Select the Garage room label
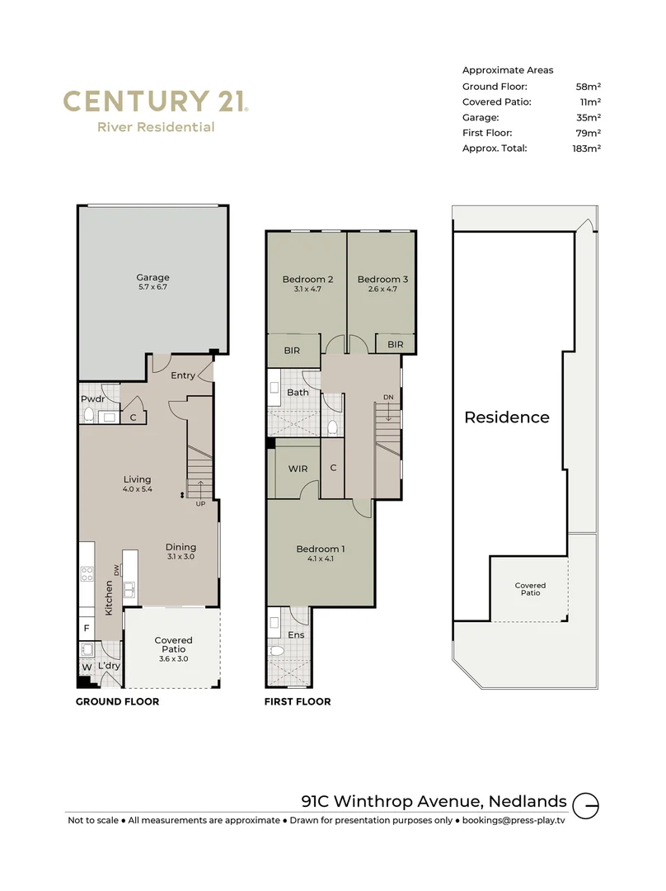tap(152, 278)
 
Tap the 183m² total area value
tap(587, 148)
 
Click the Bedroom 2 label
tap(307, 280)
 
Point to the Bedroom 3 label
tap(382, 280)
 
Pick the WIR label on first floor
tap(298, 469)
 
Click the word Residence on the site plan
tap(506, 417)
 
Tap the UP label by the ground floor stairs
tap(199, 503)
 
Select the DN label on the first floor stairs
tap(388, 398)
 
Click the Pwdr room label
tap(92, 399)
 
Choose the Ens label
tap(296, 635)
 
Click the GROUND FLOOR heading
tap(117, 702)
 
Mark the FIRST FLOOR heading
tap(298, 702)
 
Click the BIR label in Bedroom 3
tap(395, 344)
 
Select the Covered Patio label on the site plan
tap(530, 589)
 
